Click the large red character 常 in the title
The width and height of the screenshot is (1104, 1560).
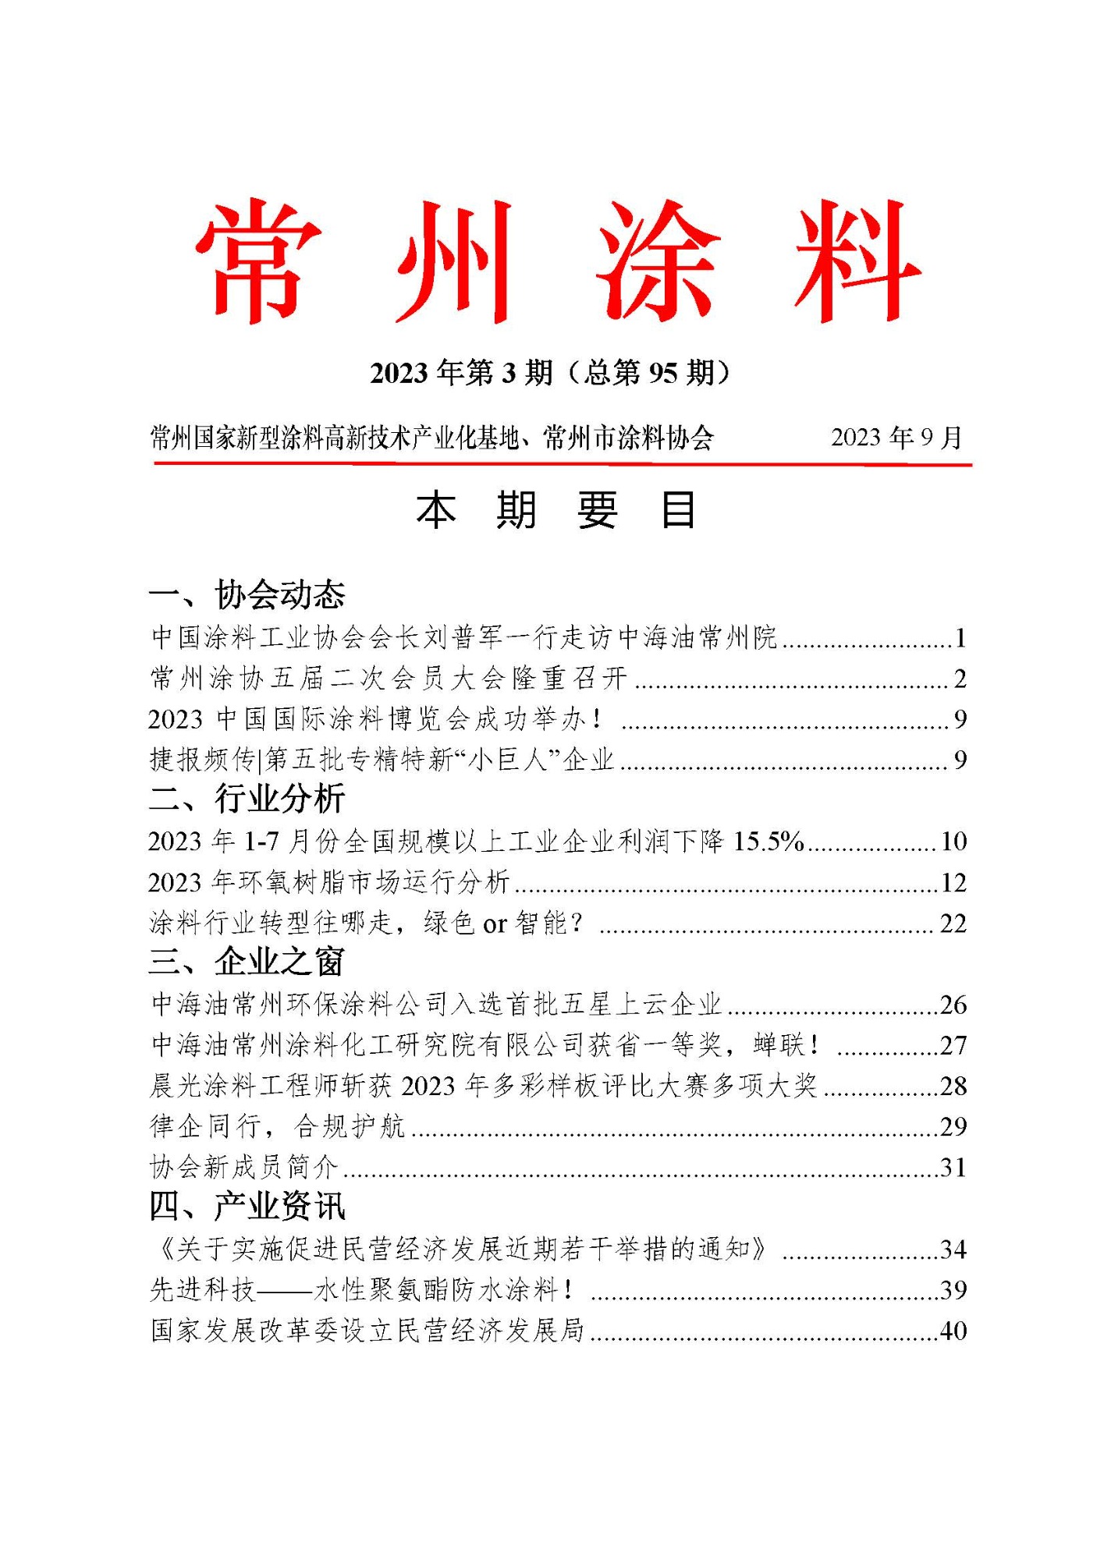click(258, 261)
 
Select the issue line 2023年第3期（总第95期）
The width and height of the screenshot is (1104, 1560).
click(551, 373)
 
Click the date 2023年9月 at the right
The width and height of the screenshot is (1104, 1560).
click(896, 438)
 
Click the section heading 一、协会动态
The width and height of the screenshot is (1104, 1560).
click(247, 595)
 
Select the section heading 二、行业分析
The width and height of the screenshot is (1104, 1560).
click(247, 799)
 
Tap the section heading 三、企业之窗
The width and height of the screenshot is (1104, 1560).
click(247, 962)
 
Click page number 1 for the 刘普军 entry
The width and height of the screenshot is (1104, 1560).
click(960, 639)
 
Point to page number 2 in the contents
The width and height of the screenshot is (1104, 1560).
click(960, 679)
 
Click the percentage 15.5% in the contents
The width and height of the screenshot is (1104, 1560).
click(769, 842)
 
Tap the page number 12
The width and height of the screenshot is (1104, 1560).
click(953, 883)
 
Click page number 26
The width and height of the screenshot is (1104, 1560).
click(953, 1005)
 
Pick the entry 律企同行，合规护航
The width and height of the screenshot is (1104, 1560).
click(277, 1127)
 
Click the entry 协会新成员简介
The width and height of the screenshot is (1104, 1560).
click(243, 1168)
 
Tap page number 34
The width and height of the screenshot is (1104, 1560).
click(953, 1250)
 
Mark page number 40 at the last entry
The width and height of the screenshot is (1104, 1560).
click(953, 1331)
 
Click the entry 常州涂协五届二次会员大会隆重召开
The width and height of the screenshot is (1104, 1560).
click(389, 679)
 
